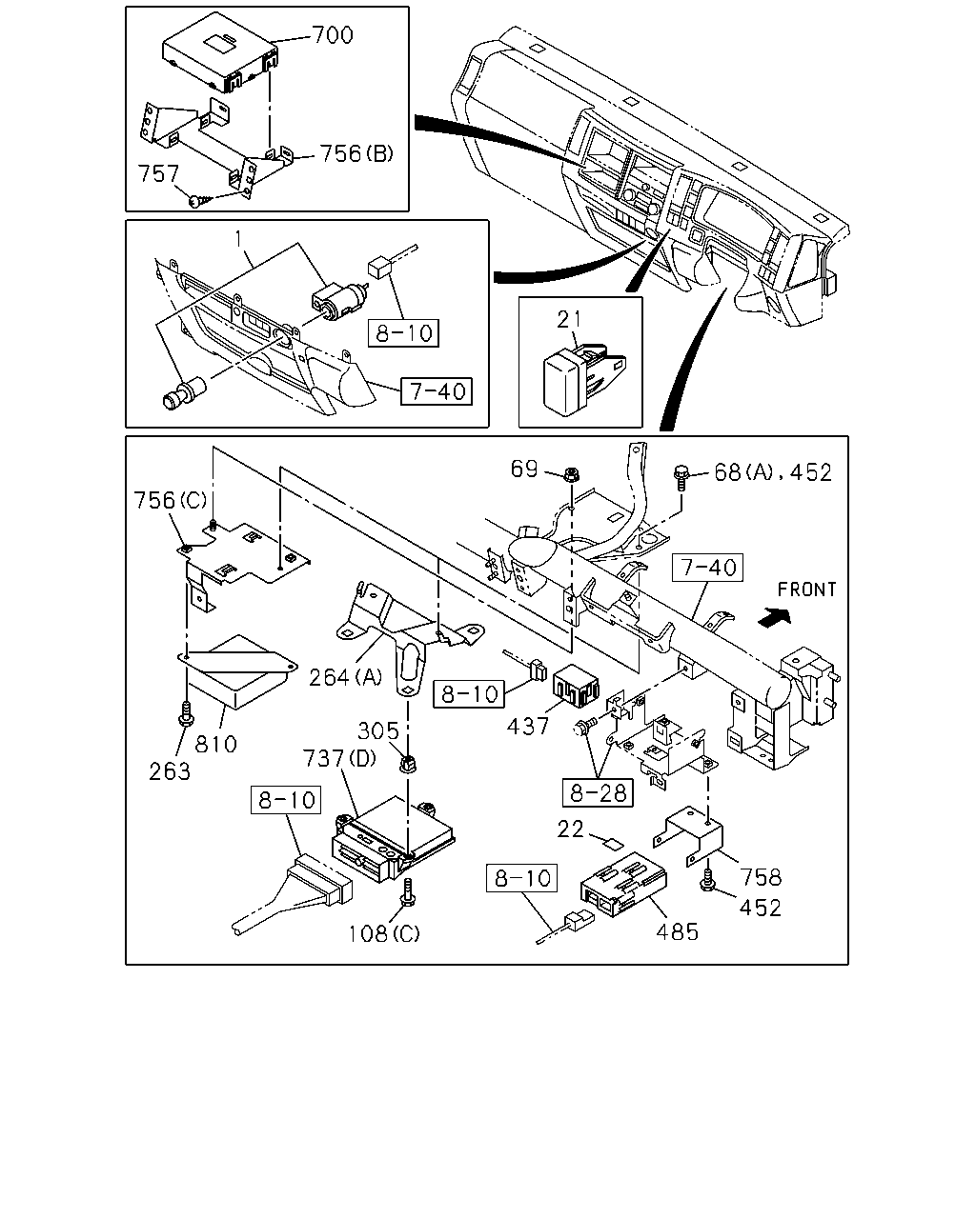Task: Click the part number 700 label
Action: pos(333,35)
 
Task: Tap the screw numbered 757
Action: pos(199,201)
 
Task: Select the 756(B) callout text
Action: pos(356,153)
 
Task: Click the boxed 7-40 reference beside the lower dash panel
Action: pos(437,390)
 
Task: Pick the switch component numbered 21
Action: pos(583,377)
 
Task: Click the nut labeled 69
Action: pos(572,473)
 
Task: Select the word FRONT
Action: pos(806,590)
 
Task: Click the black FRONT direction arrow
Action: pos(774,617)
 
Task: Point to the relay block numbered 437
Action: pos(576,687)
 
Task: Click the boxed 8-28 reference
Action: pos(598,792)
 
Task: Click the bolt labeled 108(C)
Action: pos(407,891)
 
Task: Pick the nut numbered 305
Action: pos(408,765)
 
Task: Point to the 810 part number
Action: pos(215,744)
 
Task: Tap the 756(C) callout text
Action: pos(171,500)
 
